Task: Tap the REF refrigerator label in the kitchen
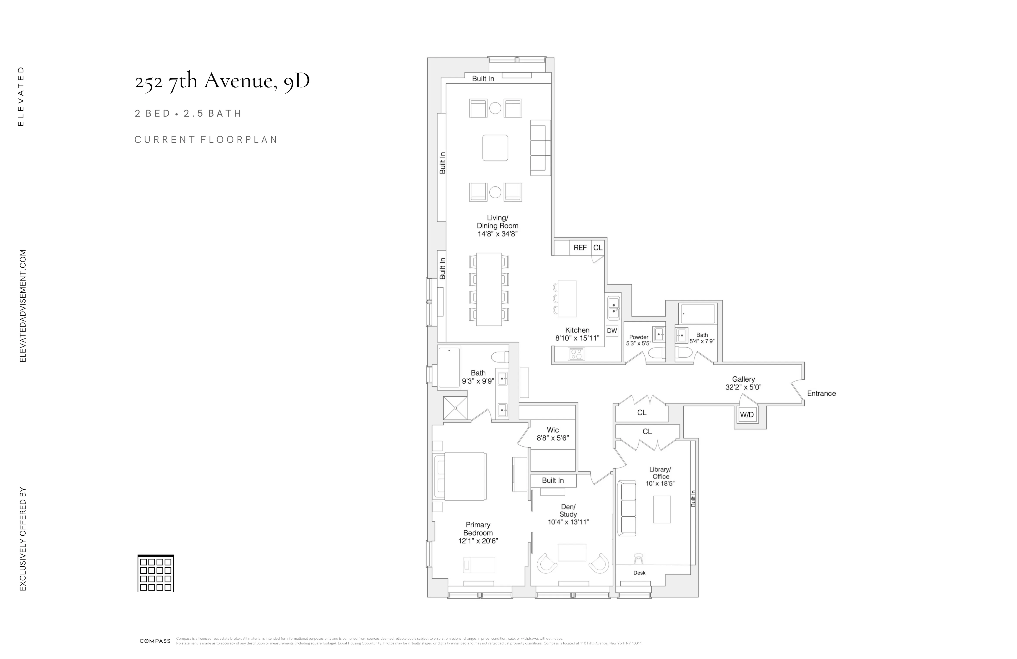pyautogui.click(x=580, y=248)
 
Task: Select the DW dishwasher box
pyautogui.click(x=612, y=331)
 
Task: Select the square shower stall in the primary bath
pyautogui.click(x=456, y=408)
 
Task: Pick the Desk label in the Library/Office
pyautogui.click(x=639, y=573)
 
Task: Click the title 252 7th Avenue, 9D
pyautogui.click(x=222, y=80)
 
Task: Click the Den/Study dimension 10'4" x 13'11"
pyautogui.click(x=568, y=522)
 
